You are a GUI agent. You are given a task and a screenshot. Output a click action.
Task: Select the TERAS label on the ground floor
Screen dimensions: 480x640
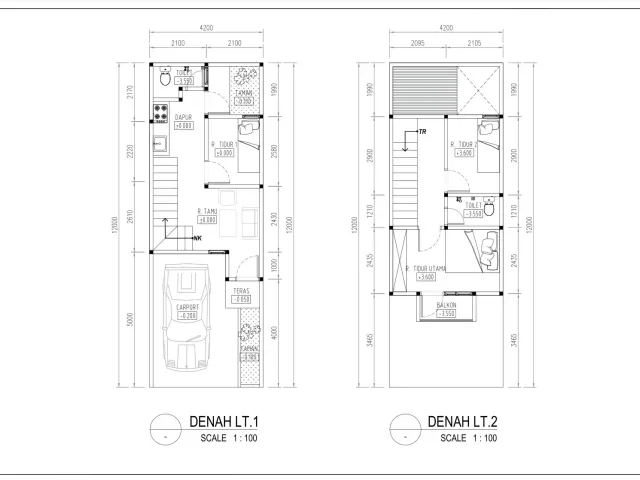pos(240,291)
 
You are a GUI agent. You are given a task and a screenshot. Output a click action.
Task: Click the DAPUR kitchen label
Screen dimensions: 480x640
pos(183,118)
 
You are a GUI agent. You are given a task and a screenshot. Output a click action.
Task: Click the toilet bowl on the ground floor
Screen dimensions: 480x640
pos(164,78)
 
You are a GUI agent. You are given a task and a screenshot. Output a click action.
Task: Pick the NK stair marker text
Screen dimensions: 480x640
pos(197,238)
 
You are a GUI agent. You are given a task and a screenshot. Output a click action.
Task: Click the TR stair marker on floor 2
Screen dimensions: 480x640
pos(422,132)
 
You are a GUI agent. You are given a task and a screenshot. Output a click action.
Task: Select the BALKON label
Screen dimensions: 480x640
pos(447,305)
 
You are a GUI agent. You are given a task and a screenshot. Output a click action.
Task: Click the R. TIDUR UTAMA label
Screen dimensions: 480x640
pos(433,268)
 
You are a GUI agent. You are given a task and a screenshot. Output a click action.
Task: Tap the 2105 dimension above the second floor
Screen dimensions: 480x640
pos(474,43)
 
